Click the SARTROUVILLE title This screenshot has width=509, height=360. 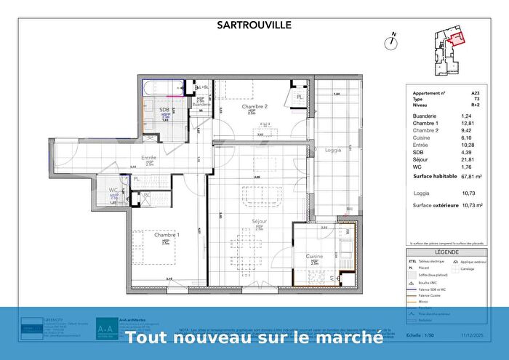point(254,24)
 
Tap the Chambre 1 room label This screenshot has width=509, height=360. point(167,235)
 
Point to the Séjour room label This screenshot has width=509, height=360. point(260,221)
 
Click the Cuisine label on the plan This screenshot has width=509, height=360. point(314,257)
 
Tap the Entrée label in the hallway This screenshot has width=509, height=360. point(150,156)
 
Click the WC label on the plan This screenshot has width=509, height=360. point(113,191)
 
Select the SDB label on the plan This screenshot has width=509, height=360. point(164,111)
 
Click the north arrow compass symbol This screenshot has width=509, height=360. point(392,40)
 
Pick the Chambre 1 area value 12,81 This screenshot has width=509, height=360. point(467,123)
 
